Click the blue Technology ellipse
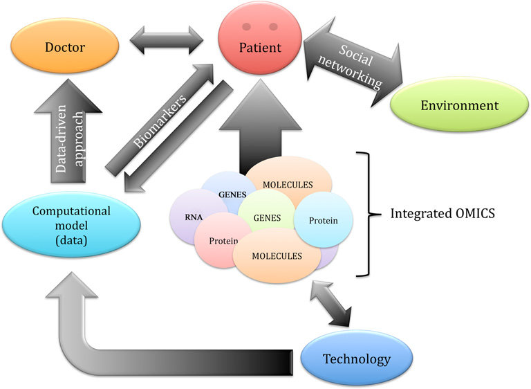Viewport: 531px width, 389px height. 357,359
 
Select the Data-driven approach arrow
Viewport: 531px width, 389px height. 66,139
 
